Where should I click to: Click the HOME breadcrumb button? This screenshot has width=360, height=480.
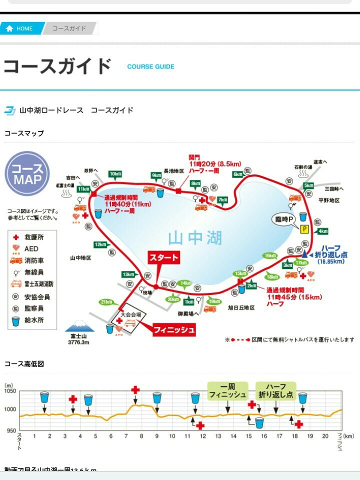coord(20,28)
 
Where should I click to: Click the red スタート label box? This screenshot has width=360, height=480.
coord(163,258)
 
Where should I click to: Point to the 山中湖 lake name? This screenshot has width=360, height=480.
coord(188,238)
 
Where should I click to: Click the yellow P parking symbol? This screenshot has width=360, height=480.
coord(303,229)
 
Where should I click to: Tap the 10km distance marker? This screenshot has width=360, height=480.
coord(115,174)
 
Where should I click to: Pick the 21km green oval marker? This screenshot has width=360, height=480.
coord(106,302)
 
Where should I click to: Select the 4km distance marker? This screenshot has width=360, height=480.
coord(322,231)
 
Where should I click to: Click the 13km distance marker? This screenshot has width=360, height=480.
coord(128,274)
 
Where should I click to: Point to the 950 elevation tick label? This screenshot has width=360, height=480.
coord(9,430)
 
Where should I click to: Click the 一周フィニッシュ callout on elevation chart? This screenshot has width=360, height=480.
coord(227,390)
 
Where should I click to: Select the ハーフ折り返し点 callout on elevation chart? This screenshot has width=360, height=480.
coord(275,390)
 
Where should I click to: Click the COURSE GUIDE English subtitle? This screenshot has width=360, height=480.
coord(150,66)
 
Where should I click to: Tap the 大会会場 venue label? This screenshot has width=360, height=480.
coord(131,315)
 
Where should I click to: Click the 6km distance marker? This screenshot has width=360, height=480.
coord(238,174)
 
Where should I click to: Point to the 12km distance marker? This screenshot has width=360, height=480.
coord(100,244)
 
